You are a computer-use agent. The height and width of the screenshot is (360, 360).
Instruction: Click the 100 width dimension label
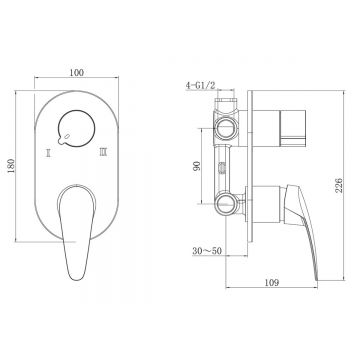pyautogui.click(x=77, y=72)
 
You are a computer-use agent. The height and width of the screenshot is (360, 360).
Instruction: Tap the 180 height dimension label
pyautogui.click(x=11, y=166)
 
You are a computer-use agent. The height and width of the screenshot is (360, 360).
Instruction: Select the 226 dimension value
pyautogui.click(x=338, y=185)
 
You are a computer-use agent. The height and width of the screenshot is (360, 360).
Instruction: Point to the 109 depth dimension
pyautogui.click(x=272, y=283)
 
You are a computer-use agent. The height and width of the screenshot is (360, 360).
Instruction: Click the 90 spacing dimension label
pyautogui.click(x=196, y=166)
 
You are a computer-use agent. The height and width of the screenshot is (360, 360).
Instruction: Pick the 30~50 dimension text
pyautogui.click(x=207, y=251)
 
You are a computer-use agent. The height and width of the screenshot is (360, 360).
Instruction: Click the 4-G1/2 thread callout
pyautogui.click(x=201, y=85)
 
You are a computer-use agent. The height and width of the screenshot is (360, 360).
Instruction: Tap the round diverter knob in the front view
pyautogui.click(x=76, y=128)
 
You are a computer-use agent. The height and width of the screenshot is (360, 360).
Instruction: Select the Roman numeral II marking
pyautogui.click(x=49, y=153)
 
